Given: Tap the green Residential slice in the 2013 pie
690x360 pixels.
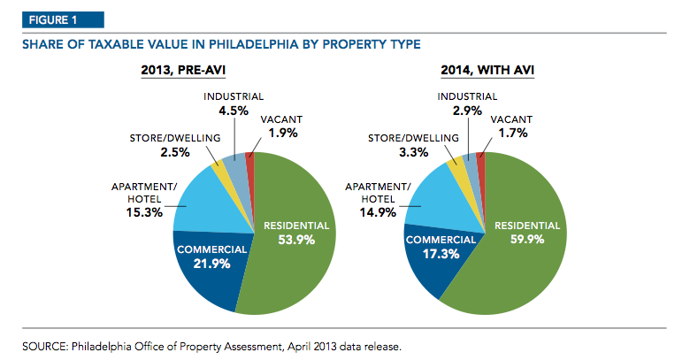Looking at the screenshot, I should [x=301, y=265].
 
